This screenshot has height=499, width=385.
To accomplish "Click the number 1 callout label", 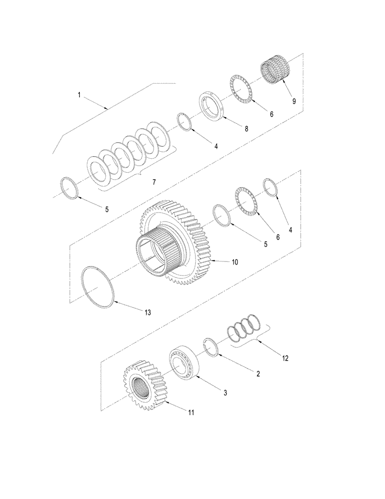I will [x=79, y=94].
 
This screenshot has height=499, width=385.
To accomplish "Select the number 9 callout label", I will [x=294, y=101].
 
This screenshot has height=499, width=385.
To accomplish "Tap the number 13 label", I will [x=147, y=312].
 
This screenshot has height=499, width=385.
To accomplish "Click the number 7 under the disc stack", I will [x=154, y=183].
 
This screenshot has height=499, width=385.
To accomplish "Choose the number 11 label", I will [x=192, y=413].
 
